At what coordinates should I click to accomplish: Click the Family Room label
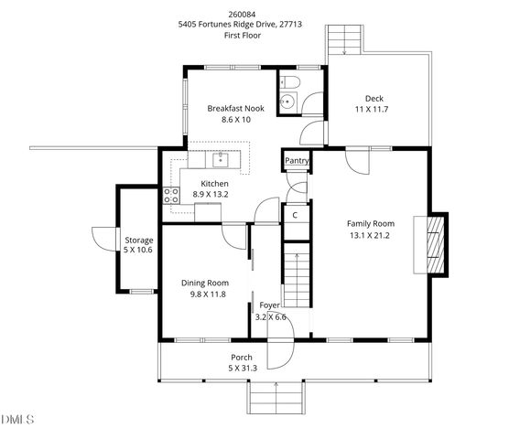coord(370,223)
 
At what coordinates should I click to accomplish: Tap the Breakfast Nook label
coord(235,108)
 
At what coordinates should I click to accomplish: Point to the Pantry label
coord(297,161)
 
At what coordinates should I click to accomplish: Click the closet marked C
coord(295,215)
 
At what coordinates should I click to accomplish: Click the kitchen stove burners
coord(170,195)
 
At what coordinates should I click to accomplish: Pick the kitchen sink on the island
coord(221,161)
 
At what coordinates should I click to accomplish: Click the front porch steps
coord(275,399)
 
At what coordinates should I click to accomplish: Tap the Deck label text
coord(374,98)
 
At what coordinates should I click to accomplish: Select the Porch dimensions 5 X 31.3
coord(242,368)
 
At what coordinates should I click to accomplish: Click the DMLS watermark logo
coord(17,420)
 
